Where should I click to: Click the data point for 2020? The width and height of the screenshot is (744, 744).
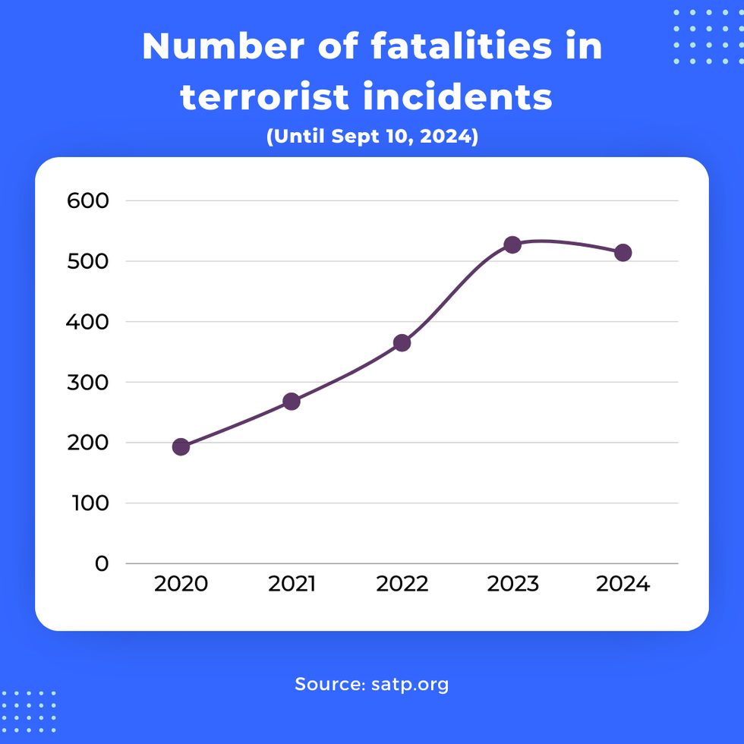pos(181,446)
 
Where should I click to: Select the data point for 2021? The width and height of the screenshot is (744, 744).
pos(292,401)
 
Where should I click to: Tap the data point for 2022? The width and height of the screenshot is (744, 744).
pos(402,342)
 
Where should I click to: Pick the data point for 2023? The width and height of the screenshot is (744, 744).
pos(512,244)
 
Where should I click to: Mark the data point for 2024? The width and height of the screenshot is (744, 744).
pos(623,253)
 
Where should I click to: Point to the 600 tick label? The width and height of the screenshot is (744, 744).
pos(87,201)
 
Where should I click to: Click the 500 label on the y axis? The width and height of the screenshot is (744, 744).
pos(87,261)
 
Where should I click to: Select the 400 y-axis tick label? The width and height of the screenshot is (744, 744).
pos(87,322)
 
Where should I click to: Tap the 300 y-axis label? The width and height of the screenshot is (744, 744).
pos(87,382)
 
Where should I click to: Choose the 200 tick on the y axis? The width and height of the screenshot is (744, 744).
pos(87,443)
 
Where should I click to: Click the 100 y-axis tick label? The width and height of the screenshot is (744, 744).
pos(87,503)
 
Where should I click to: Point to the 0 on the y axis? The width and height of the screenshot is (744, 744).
pos(102,564)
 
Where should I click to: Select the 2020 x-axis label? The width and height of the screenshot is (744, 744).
pos(181,584)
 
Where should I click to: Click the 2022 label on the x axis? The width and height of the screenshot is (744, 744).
pos(402,584)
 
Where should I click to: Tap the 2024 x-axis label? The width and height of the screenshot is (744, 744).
pos(623,584)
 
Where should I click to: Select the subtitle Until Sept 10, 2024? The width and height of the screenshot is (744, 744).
pos(372,138)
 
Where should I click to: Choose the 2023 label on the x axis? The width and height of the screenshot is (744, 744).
pos(512,584)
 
